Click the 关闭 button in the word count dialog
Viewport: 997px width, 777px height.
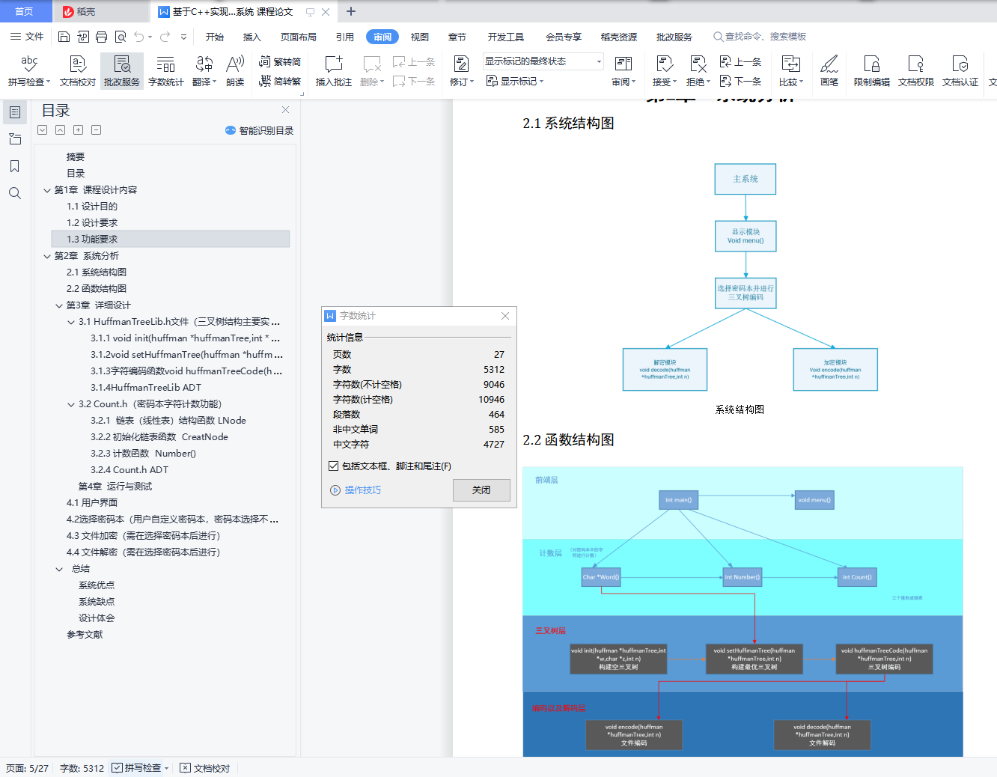[x=481, y=490]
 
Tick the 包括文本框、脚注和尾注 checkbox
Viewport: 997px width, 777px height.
[x=334, y=466]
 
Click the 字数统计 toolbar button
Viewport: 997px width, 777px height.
[x=165, y=71]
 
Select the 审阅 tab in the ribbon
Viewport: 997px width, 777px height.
[x=382, y=37]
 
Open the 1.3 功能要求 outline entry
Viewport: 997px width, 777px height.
[x=92, y=240]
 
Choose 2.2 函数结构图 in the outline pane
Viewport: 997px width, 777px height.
[x=97, y=289]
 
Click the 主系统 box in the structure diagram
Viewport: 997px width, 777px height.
[x=746, y=180]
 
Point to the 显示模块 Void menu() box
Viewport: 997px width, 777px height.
[x=746, y=237]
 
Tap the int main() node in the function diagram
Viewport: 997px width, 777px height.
[x=678, y=500]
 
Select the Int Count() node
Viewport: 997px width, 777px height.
[x=856, y=577]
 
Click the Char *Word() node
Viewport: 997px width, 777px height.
[x=601, y=577]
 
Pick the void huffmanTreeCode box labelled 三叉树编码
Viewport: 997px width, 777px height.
[x=884, y=659]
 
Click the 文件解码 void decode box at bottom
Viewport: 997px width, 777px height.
[x=822, y=735]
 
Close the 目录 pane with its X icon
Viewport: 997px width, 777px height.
[x=285, y=110]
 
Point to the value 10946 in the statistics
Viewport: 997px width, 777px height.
[x=492, y=400]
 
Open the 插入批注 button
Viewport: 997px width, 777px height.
[x=333, y=71]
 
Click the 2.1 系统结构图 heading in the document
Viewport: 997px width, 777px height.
[x=568, y=124]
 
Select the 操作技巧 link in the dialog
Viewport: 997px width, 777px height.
[x=362, y=490]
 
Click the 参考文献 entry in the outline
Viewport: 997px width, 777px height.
[x=85, y=635]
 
